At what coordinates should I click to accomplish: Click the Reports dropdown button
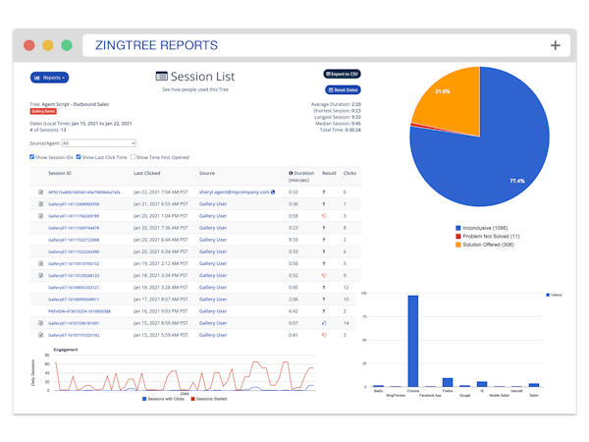pos(49,78)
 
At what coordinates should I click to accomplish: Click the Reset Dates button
pos(343,90)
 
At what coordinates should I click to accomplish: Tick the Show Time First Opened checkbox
pos(134,157)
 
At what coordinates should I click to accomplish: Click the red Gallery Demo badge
pos(43,112)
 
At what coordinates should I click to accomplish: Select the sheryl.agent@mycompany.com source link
pos(235,193)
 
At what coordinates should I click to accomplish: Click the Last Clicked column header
pos(147,174)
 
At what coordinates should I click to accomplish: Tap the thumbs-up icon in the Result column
pos(324,323)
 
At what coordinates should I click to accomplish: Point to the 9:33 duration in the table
pos(294,240)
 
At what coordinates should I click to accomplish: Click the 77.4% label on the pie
pos(517,182)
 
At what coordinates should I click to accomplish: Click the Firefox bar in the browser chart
pos(448,382)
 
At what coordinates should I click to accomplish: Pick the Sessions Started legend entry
pos(208,399)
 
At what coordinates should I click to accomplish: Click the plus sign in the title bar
pos(555,45)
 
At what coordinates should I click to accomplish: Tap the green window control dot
pos(67,45)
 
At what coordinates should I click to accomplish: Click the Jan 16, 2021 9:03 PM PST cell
pos(161,311)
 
